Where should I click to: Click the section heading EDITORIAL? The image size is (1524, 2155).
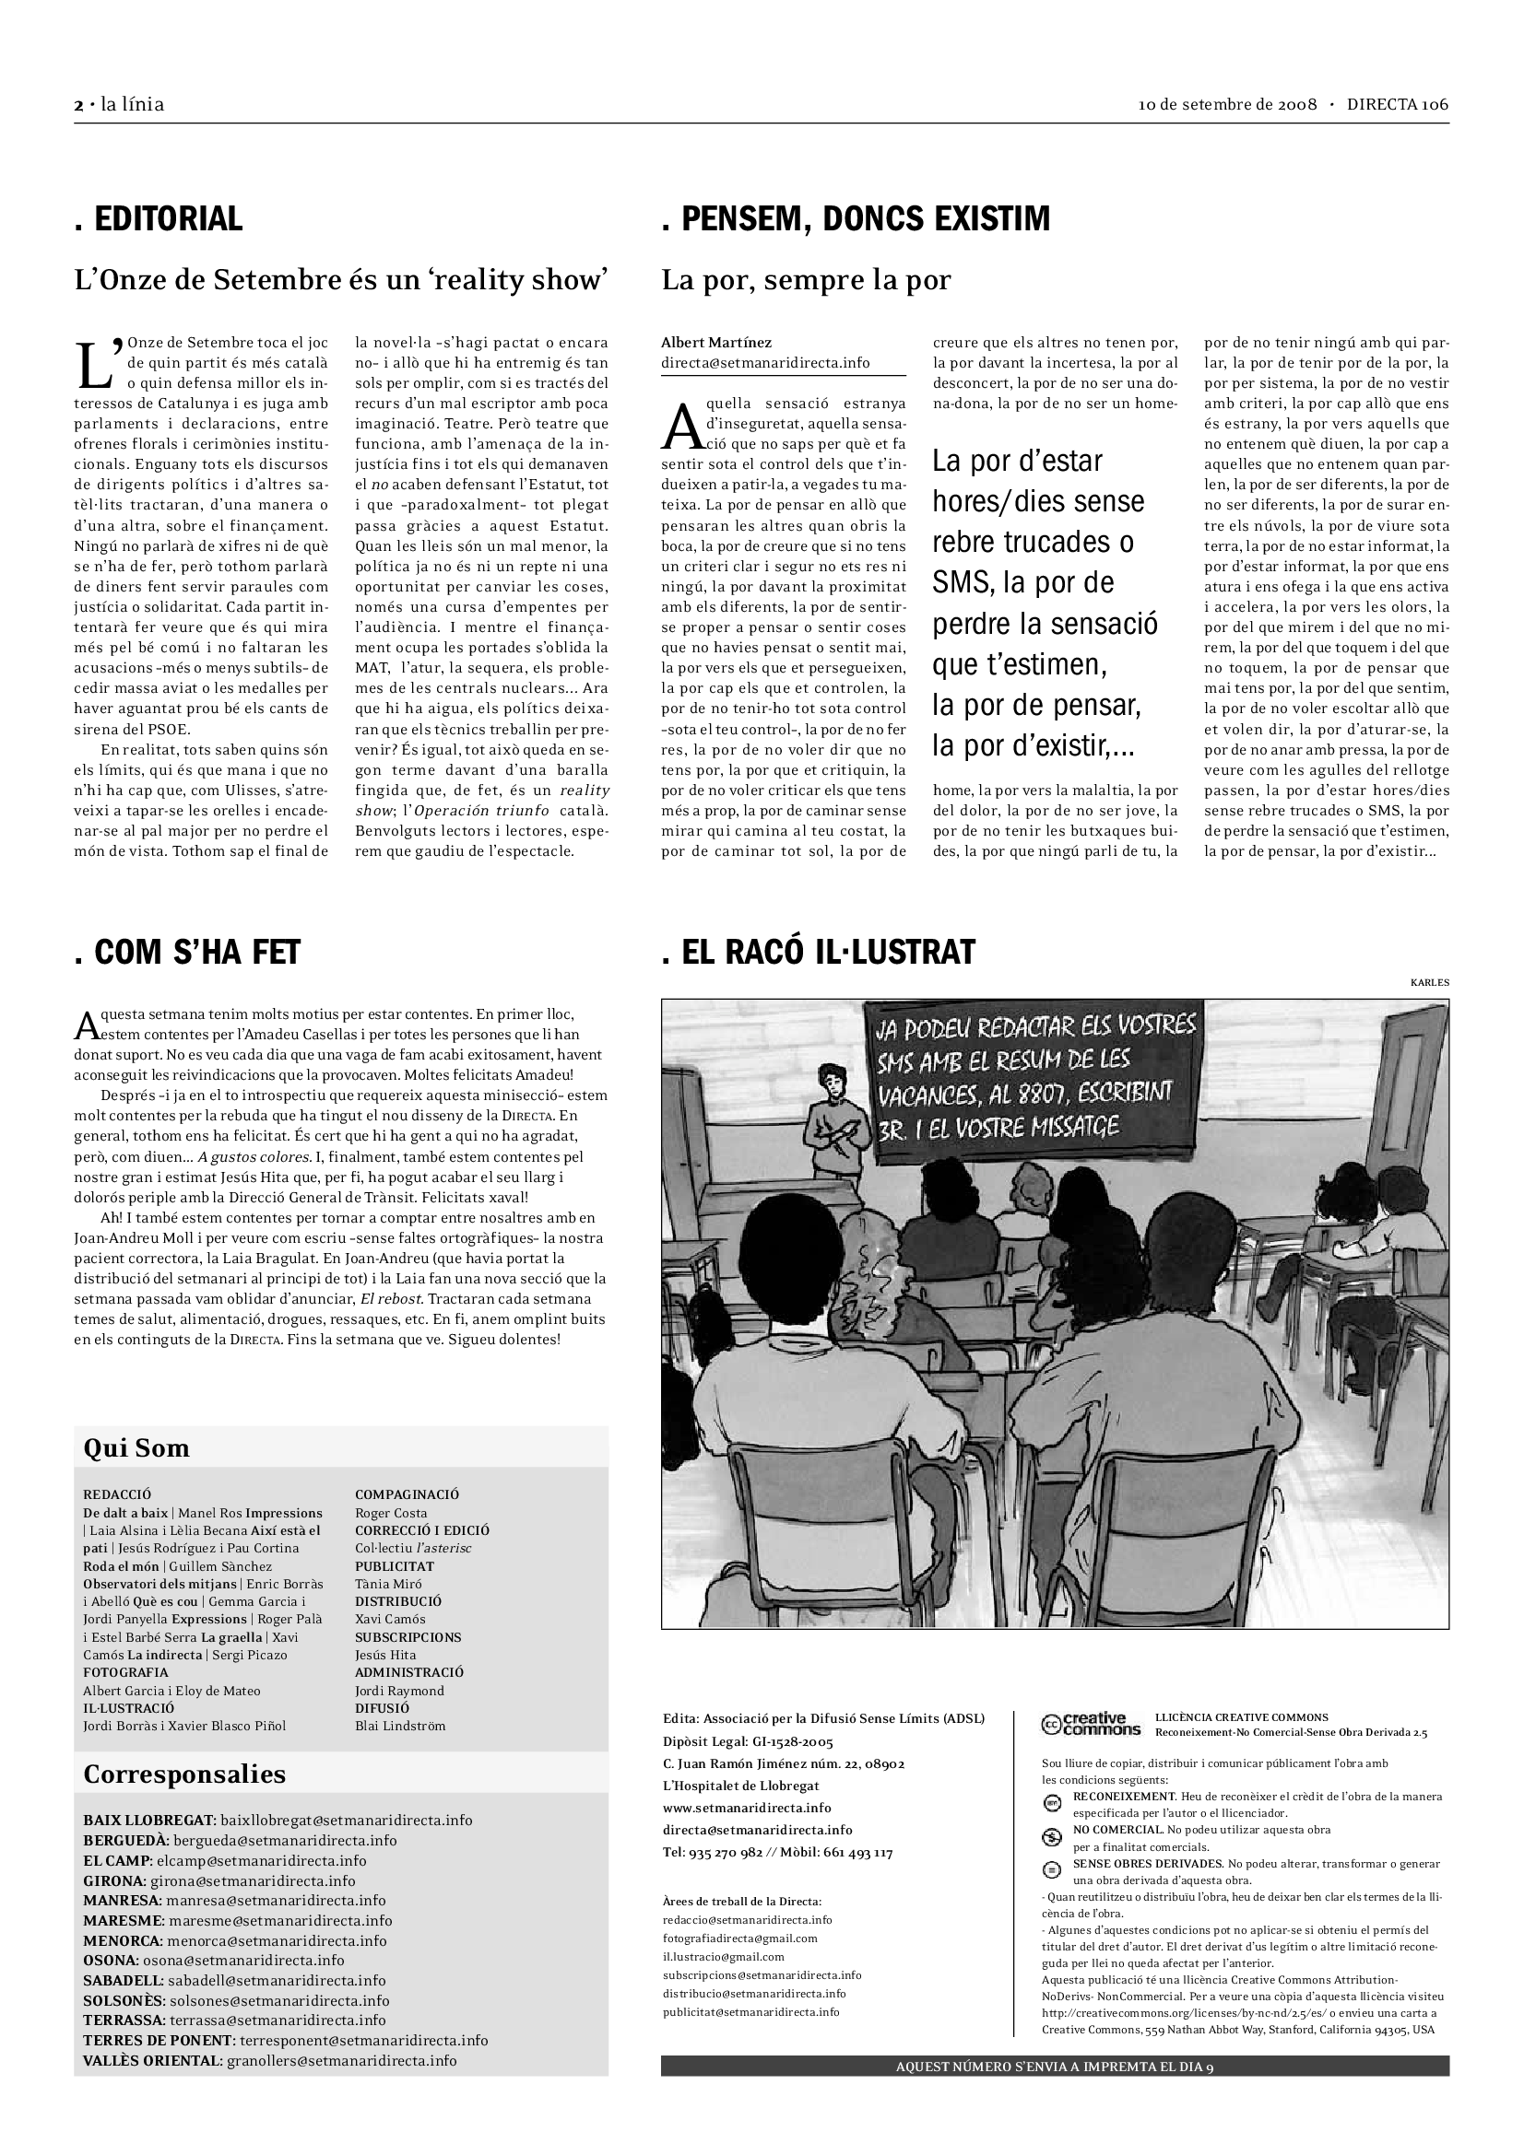click(159, 218)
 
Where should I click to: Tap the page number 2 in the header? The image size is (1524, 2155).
click(78, 105)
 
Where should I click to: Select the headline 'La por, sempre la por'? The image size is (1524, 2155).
click(806, 280)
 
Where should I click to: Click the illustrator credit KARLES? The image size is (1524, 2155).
click(1429, 983)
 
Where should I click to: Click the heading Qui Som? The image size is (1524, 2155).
click(136, 1448)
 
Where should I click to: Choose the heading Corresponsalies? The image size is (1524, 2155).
click(184, 1774)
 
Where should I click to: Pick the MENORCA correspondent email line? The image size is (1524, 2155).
click(235, 1940)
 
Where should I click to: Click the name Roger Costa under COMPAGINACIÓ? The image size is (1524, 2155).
click(391, 1513)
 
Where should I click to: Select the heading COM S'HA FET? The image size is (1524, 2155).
click(187, 952)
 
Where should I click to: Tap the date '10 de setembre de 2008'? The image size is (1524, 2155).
click(1227, 105)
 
